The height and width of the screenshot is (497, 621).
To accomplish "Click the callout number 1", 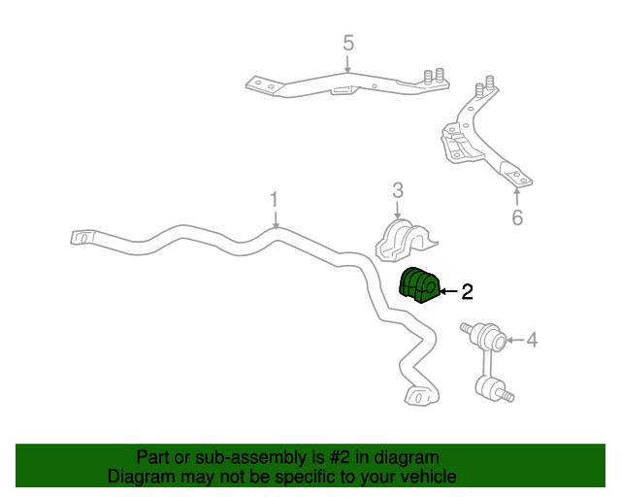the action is (274, 200).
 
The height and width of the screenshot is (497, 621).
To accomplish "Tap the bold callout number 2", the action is (468, 292).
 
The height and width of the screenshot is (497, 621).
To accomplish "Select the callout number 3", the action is (398, 190).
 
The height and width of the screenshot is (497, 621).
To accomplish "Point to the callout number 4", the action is (532, 340).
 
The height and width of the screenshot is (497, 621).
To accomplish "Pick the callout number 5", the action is (348, 43).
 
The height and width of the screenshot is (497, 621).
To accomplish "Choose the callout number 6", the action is (517, 217).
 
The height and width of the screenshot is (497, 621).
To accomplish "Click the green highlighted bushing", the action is (419, 285).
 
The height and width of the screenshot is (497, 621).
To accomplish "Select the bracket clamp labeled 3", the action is (405, 240).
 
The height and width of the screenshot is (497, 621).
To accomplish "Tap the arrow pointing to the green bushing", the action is (448, 292).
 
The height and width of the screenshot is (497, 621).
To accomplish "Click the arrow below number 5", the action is (347, 64).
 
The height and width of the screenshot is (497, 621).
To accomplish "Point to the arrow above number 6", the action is (517, 197).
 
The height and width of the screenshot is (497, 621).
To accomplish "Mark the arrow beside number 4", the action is (515, 340).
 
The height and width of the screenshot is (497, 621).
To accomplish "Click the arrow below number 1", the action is (276, 219).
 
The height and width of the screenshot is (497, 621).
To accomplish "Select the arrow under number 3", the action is (398, 210).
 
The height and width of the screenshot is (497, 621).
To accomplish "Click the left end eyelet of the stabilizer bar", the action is (82, 238).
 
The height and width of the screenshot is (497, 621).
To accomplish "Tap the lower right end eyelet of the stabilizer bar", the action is (420, 395).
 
